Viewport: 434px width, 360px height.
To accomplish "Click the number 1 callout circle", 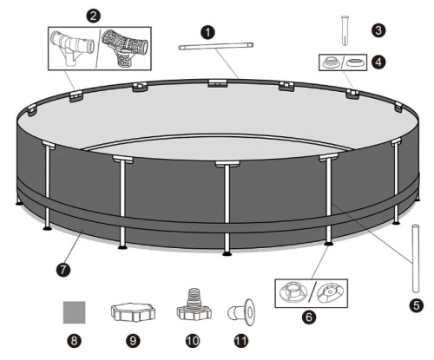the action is click(x=207, y=32).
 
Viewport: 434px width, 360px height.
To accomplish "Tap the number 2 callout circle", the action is click(x=93, y=16).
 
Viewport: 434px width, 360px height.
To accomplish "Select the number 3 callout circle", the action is click(x=378, y=30).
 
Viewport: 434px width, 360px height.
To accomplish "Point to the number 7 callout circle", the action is click(x=63, y=270).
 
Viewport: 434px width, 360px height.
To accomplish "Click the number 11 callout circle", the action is click(x=241, y=341).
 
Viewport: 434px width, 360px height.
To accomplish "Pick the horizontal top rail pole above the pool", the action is click(x=216, y=46).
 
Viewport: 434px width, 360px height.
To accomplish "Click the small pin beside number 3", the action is click(x=345, y=30).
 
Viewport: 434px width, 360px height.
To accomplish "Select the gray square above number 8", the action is click(x=75, y=312).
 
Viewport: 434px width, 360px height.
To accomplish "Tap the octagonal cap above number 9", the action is click(x=133, y=312).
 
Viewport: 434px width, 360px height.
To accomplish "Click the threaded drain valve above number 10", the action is click(x=194, y=305).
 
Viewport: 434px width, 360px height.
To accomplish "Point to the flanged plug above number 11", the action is click(x=240, y=312).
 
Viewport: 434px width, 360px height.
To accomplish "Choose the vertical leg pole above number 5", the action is click(x=416, y=259).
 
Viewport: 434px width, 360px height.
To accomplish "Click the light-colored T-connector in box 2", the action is click(x=72, y=47).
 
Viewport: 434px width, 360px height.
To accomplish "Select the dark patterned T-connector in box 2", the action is click(x=124, y=48).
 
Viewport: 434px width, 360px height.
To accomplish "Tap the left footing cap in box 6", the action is click(x=293, y=292).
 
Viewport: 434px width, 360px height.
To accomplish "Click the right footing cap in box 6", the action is click(x=330, y=293).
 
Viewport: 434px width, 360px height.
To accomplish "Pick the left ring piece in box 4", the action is click(x=331, y=62).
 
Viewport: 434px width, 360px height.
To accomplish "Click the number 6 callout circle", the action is click(x=309, y=317).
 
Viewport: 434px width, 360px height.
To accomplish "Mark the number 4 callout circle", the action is click(x=378, y=62).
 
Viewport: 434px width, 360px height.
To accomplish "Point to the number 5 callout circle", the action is click(x=417, y=305).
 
